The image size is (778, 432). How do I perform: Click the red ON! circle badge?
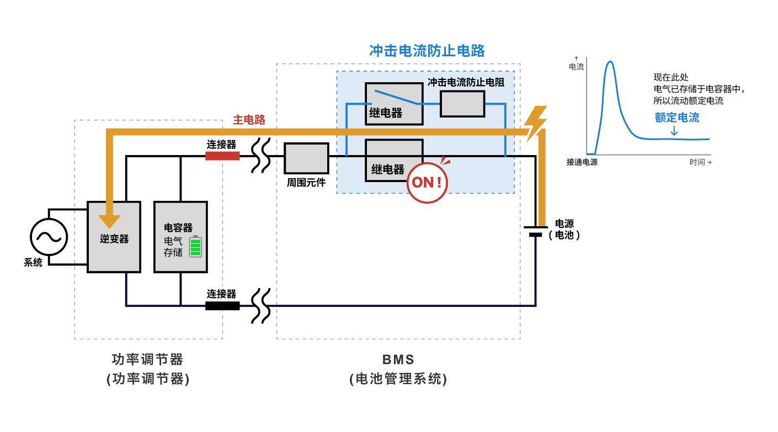click(x=427, y=183)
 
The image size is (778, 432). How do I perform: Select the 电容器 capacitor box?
click(x=180, y=237)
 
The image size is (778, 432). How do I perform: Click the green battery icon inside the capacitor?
click(x=195, y=247)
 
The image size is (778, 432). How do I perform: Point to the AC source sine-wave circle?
click(x=49, y=237)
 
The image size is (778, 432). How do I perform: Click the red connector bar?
click(x=222, y=156)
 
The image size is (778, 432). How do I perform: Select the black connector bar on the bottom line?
click(x=222, y=306)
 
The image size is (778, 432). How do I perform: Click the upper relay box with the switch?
click(x=393, y=103)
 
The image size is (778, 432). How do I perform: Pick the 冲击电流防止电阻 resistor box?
click(x=462, y=104)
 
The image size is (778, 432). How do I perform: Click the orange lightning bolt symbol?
click(x=535, y=122)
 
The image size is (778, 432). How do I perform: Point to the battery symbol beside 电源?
click(x=535, y=231)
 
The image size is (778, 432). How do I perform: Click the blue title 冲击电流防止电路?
click(x=427, y=51)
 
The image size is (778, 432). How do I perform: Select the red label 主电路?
click(x=249, y=120)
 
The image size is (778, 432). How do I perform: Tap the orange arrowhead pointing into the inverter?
click(x=109, y=221)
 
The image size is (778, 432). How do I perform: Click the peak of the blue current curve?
click(x=610, y=62)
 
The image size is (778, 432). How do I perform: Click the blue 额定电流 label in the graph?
click(x=676, y=118)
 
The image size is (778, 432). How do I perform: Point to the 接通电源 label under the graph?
click(x=582, y=162)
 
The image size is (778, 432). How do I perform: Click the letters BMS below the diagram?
click(x=398, y=360)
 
